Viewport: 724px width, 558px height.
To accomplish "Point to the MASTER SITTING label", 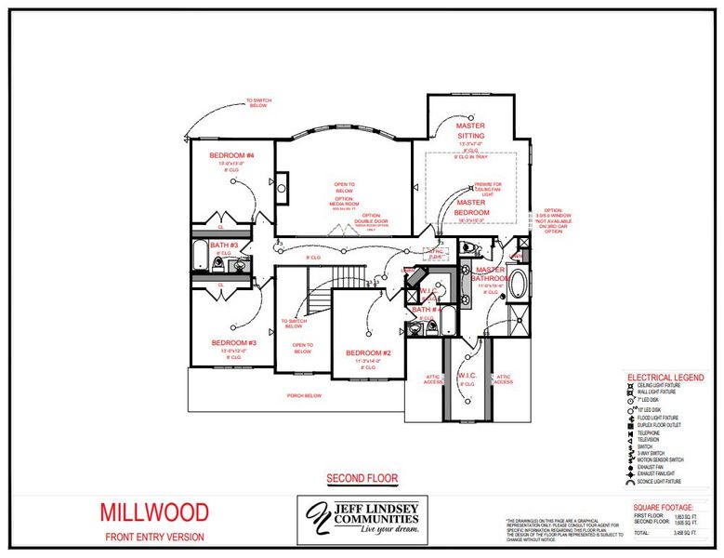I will [469, 130].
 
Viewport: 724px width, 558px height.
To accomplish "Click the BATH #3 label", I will [224, 245].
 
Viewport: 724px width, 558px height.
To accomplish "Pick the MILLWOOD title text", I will [154, 511].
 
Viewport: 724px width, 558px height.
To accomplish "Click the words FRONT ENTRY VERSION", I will [154, 538].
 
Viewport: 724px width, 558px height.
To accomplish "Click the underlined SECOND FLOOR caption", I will [362, 479].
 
